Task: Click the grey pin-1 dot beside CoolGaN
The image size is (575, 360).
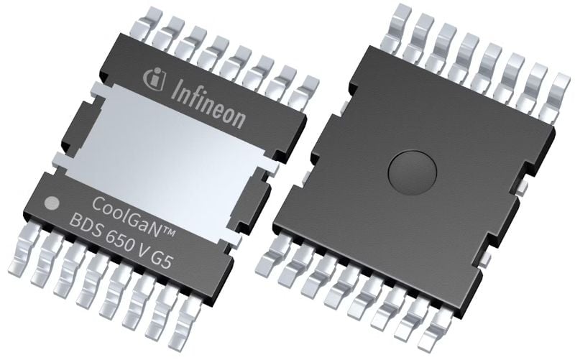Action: coord(51,204)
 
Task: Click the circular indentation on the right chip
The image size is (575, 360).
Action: coord(413,171)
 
